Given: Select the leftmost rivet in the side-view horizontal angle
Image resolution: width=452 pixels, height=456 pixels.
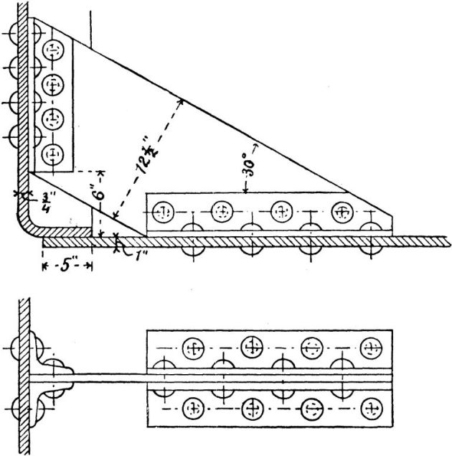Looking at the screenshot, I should pos(164,212).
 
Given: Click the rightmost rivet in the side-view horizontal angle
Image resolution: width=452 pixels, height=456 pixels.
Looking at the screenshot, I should pos(342,212).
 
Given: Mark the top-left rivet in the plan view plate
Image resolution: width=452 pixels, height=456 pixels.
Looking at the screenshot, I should pos(192,348).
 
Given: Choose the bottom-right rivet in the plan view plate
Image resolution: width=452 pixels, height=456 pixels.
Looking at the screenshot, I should pos(370,409).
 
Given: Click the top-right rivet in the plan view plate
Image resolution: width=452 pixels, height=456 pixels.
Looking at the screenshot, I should pos(370,348).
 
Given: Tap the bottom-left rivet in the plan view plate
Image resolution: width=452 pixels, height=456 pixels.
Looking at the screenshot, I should pos(192,409).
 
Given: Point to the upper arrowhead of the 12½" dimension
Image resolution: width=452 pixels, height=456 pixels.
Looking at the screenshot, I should pos(182,101).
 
